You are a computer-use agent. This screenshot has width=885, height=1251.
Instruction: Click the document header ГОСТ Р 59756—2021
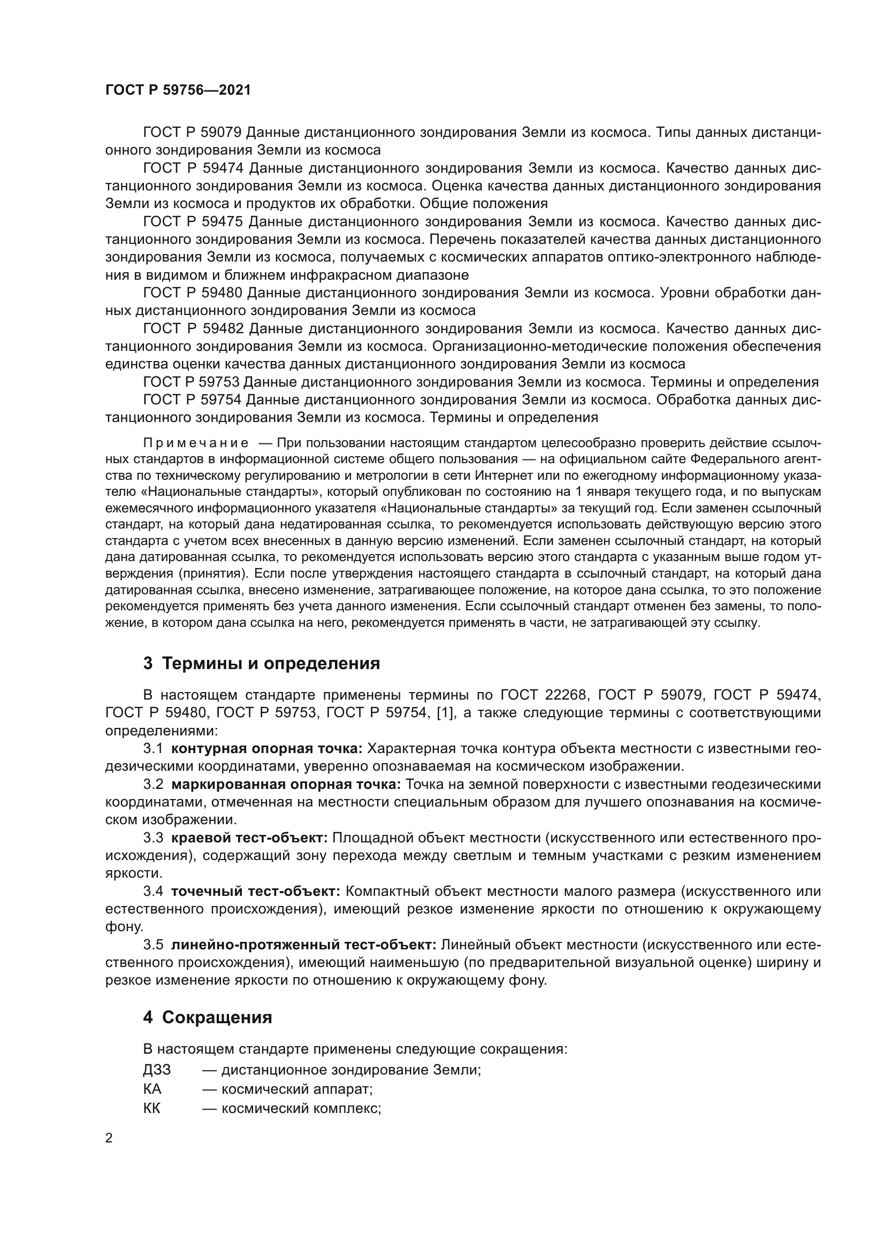tap(178, 90)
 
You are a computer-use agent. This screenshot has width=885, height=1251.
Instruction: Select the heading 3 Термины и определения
tap(261, 663)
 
